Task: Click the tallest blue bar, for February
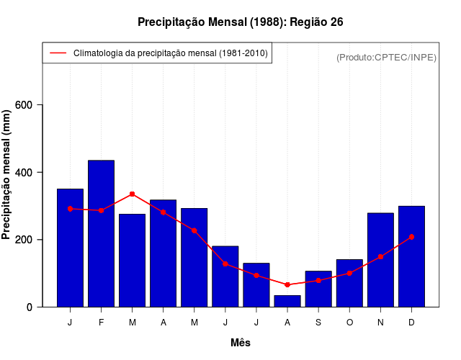click(101, 233)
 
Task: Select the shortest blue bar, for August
click(287, 301)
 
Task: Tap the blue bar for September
click(318, 289)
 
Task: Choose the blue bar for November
click(380, 260)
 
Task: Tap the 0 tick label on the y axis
click(30, 307)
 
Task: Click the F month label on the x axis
click(101, 323)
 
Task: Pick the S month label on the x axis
click(318, 323)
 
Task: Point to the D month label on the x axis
click(411, 323)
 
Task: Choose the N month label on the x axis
click(380, 323)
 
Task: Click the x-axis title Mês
click(241, 343)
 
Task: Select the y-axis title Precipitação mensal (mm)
click(8, 174)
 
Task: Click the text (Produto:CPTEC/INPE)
click(387, 57)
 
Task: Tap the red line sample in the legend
click(58, 53)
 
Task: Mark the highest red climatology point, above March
click(132, 194)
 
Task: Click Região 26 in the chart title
click(316, 22)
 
